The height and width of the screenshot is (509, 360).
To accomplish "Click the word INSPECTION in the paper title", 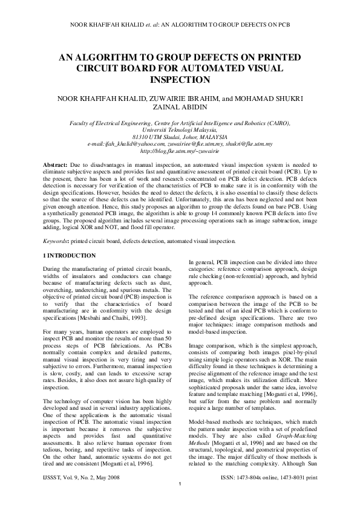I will (180, 79).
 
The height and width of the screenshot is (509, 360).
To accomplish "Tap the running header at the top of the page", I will (180, 26).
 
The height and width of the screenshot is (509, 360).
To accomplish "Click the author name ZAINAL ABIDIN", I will (180, 106).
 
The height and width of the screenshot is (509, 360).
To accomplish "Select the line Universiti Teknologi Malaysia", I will (180, 129).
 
